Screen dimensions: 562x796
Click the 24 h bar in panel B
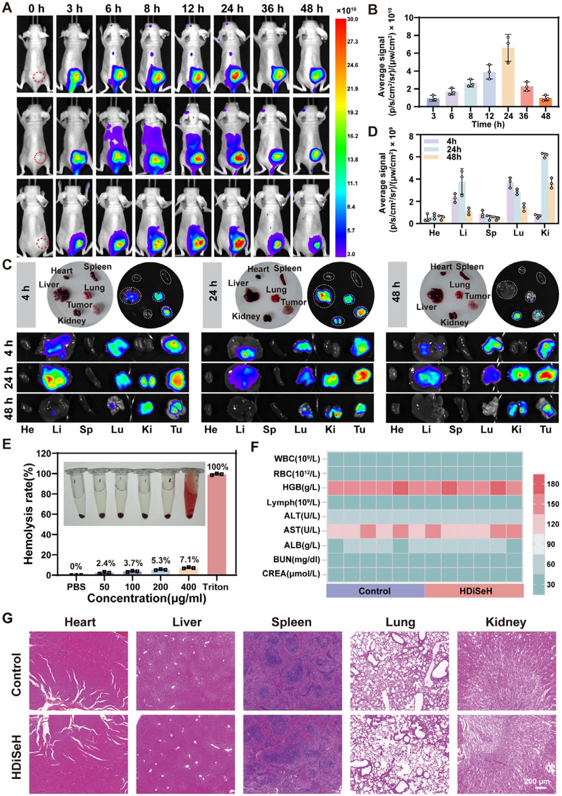[508, 77]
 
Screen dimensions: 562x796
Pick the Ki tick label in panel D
[545, 233]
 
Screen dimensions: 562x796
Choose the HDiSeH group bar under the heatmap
[474, 591]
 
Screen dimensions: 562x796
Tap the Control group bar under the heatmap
[376, 591]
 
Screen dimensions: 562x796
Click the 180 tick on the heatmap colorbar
[553, 484]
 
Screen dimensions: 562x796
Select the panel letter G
[7, 617]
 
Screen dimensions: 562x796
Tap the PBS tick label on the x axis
[76, 587]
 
